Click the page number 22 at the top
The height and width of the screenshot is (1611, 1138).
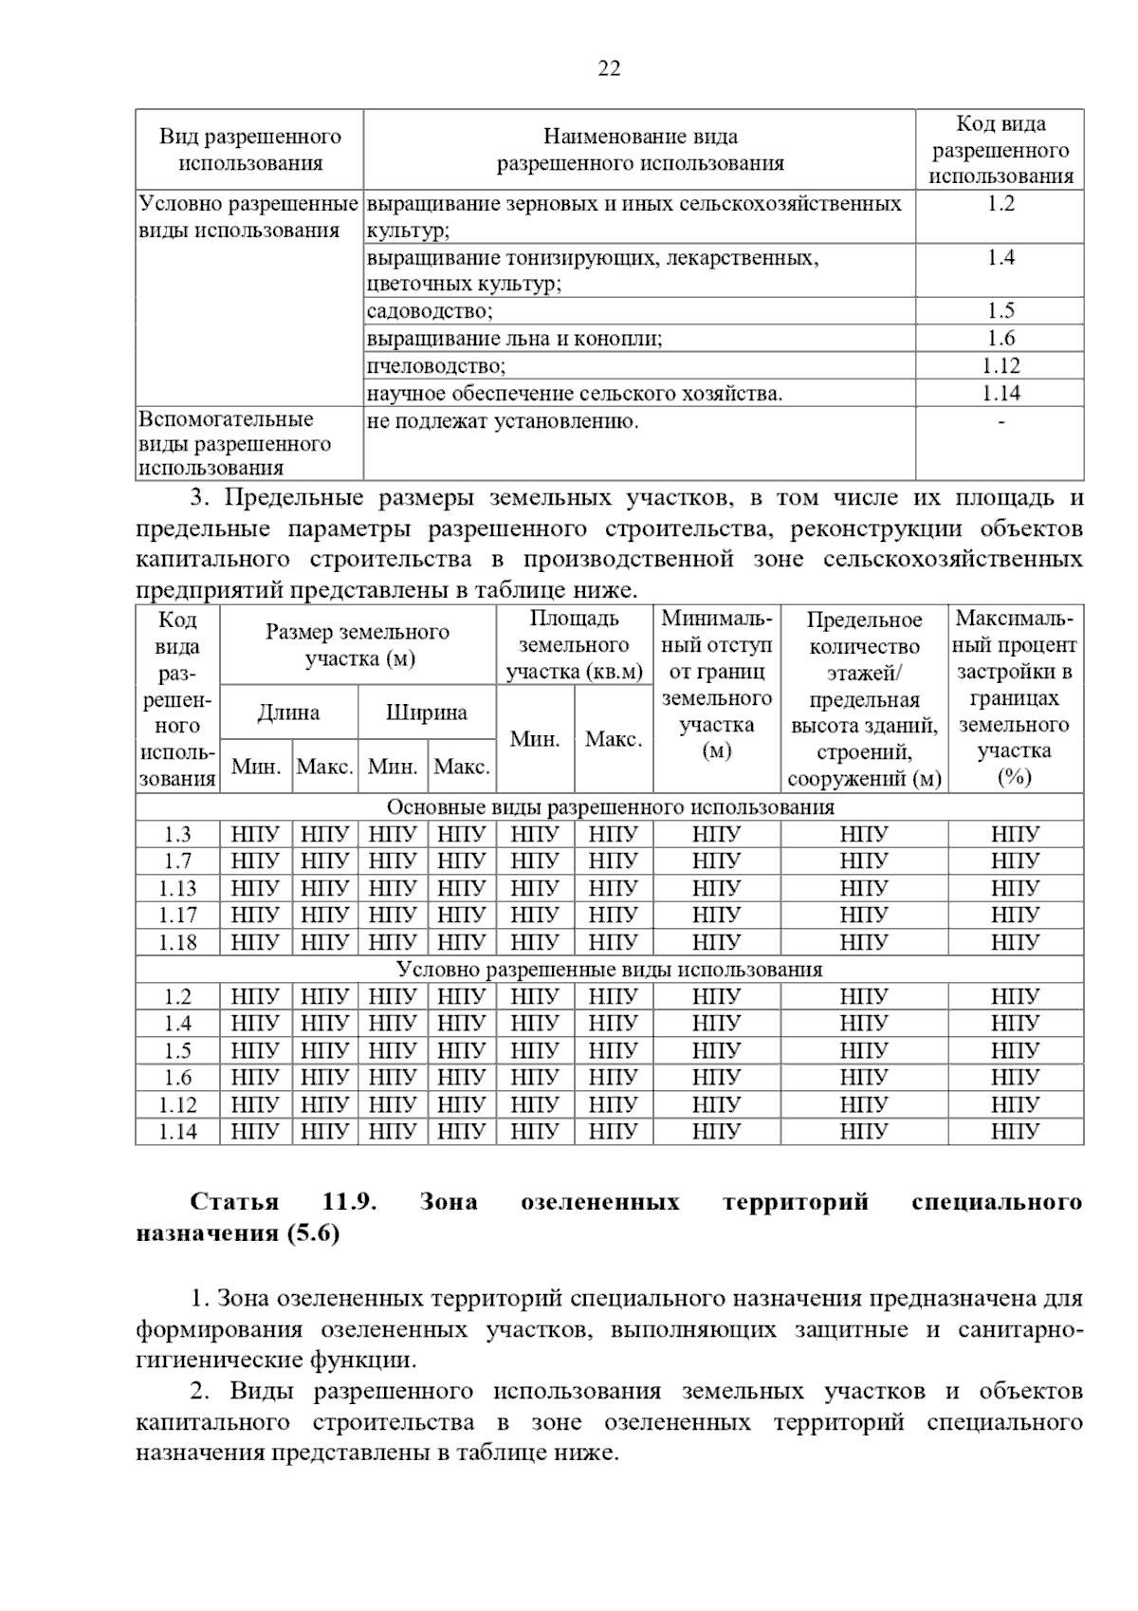(610, 68)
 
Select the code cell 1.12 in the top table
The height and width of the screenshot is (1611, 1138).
(1000, 366)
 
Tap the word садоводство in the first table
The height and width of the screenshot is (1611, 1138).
(430, 311)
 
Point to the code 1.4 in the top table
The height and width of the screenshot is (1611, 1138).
(1000, 258)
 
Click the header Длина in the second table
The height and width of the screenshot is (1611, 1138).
(288, 713)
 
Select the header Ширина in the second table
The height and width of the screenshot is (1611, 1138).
(426, 713)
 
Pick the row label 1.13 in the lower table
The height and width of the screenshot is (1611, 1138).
(177, 889)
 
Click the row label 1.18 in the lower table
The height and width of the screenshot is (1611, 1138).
(177, 943)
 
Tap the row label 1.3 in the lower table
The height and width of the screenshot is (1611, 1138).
(177, 835)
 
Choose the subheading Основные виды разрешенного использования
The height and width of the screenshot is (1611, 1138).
(610, 807)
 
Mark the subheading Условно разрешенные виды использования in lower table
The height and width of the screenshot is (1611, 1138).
(610, 970)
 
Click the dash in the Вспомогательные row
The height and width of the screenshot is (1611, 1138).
(1000, 420)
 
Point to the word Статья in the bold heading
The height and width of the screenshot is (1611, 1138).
(234, 1203)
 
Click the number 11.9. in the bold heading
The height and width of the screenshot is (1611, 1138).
(350, 1203)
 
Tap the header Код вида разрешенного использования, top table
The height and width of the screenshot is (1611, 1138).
(1000, 150)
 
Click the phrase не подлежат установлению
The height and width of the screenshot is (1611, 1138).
(503, 421)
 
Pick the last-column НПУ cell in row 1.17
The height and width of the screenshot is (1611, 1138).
(1015, 916)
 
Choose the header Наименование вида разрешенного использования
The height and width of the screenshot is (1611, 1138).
(640, 150)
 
